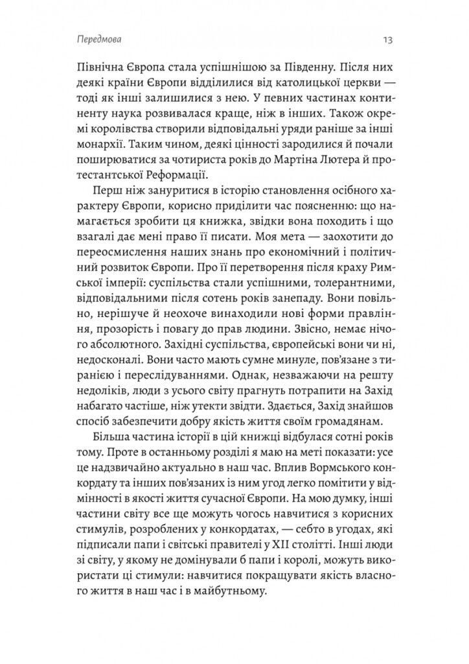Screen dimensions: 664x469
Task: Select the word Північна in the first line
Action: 98,69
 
